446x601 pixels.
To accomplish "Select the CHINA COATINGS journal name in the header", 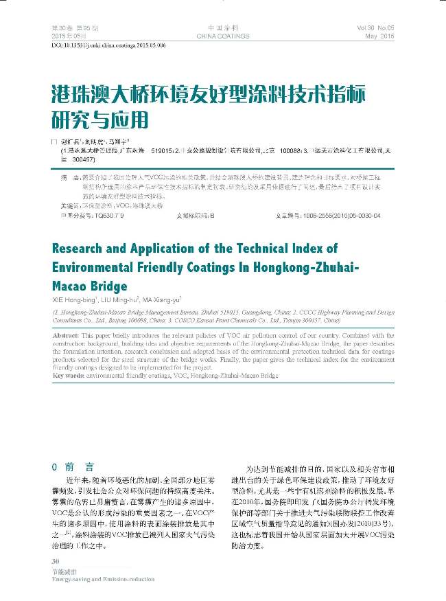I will [x=222, y=35].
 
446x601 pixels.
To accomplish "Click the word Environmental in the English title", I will [x=97, y=267].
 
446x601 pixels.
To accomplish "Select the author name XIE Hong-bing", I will [x=75, y=300].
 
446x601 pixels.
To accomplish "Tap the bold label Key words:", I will [x=69, y=376].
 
